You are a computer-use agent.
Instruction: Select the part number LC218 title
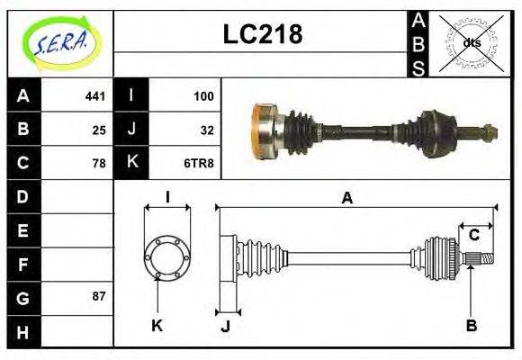coord(262,35)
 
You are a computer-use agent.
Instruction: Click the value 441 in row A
coord(94,95)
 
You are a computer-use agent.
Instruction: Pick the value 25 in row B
coord(99,130)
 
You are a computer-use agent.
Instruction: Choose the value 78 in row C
coord(99,163)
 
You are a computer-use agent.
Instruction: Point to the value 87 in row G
coord(99,296)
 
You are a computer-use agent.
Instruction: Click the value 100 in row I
coord(203,95)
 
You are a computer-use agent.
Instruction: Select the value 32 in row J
coord(207,130)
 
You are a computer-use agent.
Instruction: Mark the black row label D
coord(23,196)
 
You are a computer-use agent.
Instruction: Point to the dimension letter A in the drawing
coord(346,199)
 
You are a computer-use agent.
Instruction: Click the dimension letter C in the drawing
coord(473,236)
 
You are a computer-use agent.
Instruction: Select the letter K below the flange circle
coord(157,326)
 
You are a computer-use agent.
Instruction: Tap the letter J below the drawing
coord(225,327)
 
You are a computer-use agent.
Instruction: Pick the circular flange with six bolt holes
coord(166,257)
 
